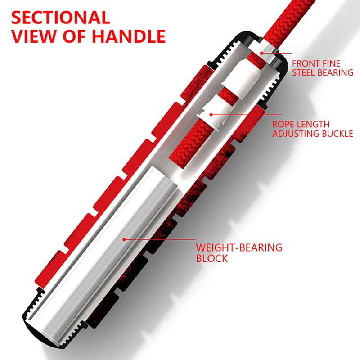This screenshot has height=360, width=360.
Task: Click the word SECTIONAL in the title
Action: pyautogui.click(x=60, y=18)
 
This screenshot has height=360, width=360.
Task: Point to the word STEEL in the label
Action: pyautogui.click(x=305, y=72)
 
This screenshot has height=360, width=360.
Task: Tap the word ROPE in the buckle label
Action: pyautogui.click(x=283, y=124)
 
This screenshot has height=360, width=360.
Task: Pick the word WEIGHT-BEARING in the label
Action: pyautogui.click(x=239, y=247)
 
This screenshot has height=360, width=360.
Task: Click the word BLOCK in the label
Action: pyautogui.click(x=212, y=258)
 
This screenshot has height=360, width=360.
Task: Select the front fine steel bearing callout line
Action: pyautogui.click(x=274, y=54)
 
